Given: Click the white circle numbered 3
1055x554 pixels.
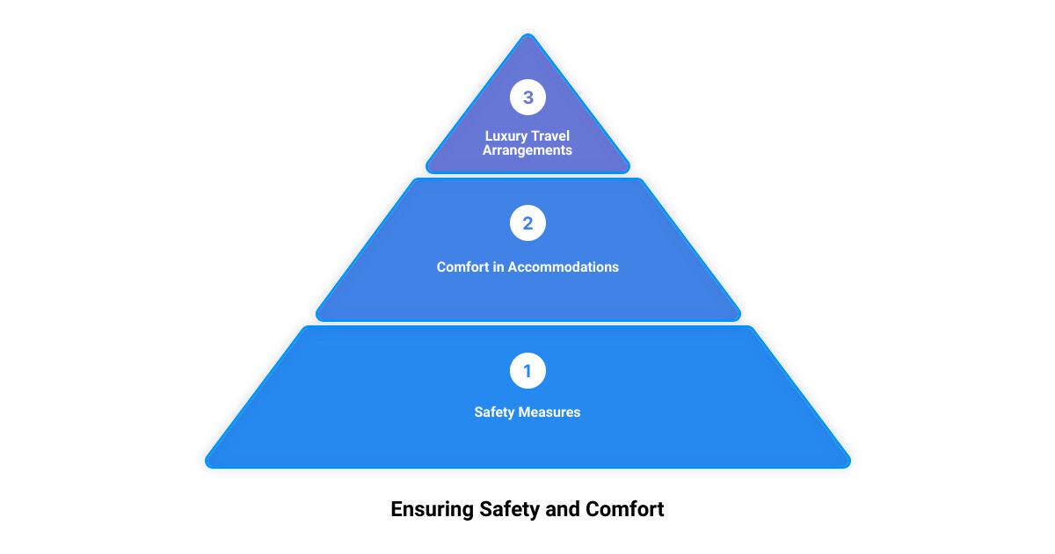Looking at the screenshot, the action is click(527, 97).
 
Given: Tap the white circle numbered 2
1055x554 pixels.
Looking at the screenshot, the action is click(527, 222).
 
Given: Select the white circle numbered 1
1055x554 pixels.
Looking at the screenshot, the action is click(527, 371).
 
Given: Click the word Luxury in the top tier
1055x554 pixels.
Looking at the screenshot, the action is click(506, 136).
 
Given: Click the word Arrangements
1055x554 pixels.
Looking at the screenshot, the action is click(527, 150).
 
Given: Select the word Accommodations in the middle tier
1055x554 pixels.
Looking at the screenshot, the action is click(564, 267).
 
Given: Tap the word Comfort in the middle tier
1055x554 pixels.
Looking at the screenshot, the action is click(463, 267).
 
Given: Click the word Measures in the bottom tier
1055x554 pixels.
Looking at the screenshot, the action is click(549, 412).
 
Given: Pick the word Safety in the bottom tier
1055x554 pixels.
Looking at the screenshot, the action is click(494, 412).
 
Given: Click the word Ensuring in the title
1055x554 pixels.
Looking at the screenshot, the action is click(433, 510).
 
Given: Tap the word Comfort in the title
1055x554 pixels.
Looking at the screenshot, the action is click(624, 509).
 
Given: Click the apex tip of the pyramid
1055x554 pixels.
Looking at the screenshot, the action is click(528, 34).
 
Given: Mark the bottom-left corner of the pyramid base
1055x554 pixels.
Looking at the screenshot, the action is click(207, 465).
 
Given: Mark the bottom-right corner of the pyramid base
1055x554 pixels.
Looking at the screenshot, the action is click(848, 465).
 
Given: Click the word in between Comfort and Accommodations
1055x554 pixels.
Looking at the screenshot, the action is click(498, 267).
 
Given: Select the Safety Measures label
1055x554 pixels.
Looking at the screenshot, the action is click(527, 412).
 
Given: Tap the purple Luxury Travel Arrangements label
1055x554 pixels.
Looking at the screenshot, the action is click(527, 143).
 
